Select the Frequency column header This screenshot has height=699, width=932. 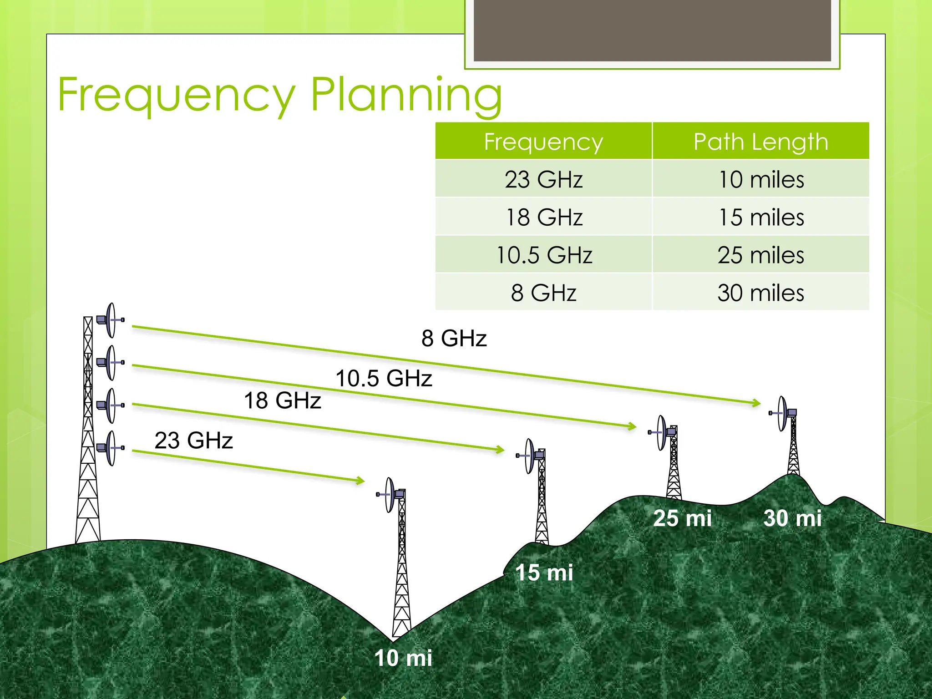pyautogui.click(x=543, y=142)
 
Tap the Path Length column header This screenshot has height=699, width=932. pyautogui.click(x=760, y=142)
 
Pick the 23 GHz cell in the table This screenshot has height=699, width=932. pyautogui.click(x=543, y=179)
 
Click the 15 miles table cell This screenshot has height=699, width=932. pyautogui.click(x=760, y=217)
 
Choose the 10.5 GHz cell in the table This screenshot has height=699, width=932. pyautogui.click(x=543, y=255)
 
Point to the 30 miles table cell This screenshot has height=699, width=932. pyautogui.click(x=760, y=293)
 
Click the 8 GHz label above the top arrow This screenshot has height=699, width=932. pyautogui.click(x=454, y=338)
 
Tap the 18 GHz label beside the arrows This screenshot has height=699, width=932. pyautogui.click(x=283, y=400)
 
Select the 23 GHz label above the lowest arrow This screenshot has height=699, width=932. pyautogui.click(x=193, y=440)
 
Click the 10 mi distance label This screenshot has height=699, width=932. pyautogui.click(x=403, y=658)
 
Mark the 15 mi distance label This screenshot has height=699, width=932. pyautogui.click(x=544, y=572)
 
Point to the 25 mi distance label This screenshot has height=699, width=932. pyautogui.click(x=682, y=518)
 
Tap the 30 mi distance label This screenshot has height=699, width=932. pyautogui.click(x=792, y=518)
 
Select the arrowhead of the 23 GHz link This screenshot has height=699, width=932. pyautogui.click(x=360, y=480)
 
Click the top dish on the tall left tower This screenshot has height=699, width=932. pyautogui.click(x=111, y=320)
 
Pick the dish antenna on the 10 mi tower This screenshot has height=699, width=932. pyautogui.click(x=390, y=495)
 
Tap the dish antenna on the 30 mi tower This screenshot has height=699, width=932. pyautogui.click(x=782, y=413)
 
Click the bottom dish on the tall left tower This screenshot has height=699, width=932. pyautogui.click(x=111, y=448)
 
